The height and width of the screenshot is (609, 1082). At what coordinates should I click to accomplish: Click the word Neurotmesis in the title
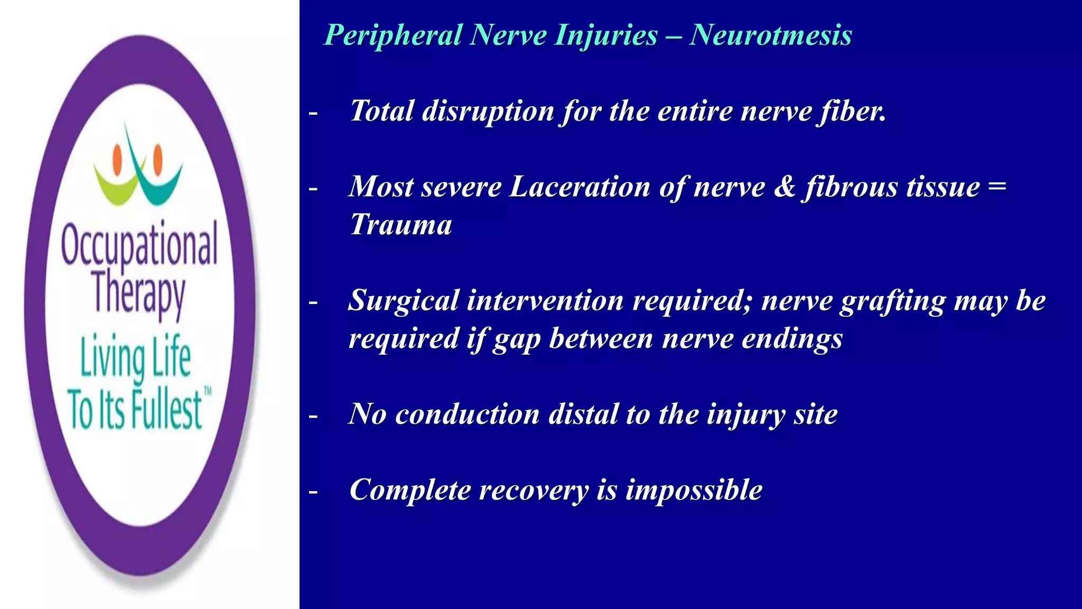click(771, 35)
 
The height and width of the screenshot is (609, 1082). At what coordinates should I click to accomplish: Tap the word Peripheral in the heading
click(393, 35)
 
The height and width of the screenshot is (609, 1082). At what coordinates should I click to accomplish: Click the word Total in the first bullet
click(382, 111)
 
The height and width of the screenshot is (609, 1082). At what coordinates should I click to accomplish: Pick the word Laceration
click(580, 187)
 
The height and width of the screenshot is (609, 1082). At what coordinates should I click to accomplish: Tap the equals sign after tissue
click(996, 187)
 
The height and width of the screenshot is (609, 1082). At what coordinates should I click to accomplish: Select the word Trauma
click(401, 225)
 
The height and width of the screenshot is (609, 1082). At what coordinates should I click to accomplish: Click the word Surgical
click(404, 301)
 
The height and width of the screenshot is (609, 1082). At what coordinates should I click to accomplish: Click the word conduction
click(467, 414)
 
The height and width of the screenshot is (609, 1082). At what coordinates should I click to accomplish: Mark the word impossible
click(694, 490)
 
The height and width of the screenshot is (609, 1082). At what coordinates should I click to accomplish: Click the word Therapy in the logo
click(138, 293)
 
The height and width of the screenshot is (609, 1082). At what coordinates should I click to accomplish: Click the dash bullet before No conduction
click(313, 416)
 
